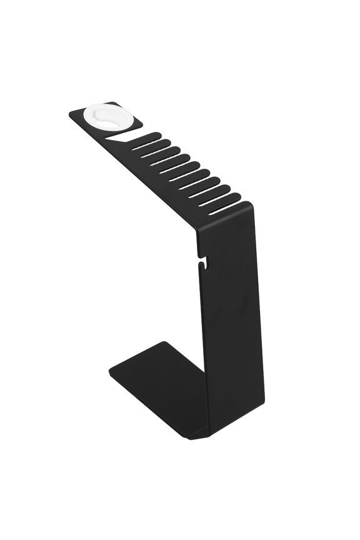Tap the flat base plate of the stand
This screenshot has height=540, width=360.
click(156, 381)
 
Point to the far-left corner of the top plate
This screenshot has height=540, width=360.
click(70, 115)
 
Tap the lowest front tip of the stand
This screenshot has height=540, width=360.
click(191, 438)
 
